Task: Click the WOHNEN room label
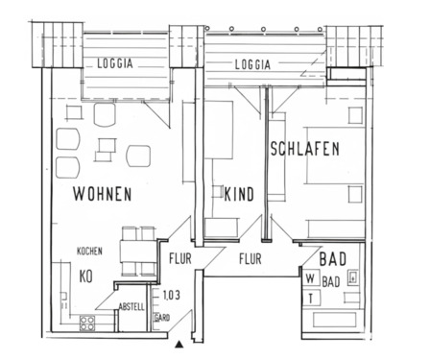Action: click(x=102, y=193)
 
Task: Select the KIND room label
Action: click(x=238, y=195)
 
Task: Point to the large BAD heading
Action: click(x=332, y=259)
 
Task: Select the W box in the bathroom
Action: click(x=311, y=279)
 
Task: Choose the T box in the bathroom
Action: click(x=311, y=297)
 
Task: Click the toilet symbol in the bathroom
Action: click(x=354, y=278)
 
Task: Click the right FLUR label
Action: click(x=251, y=258)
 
